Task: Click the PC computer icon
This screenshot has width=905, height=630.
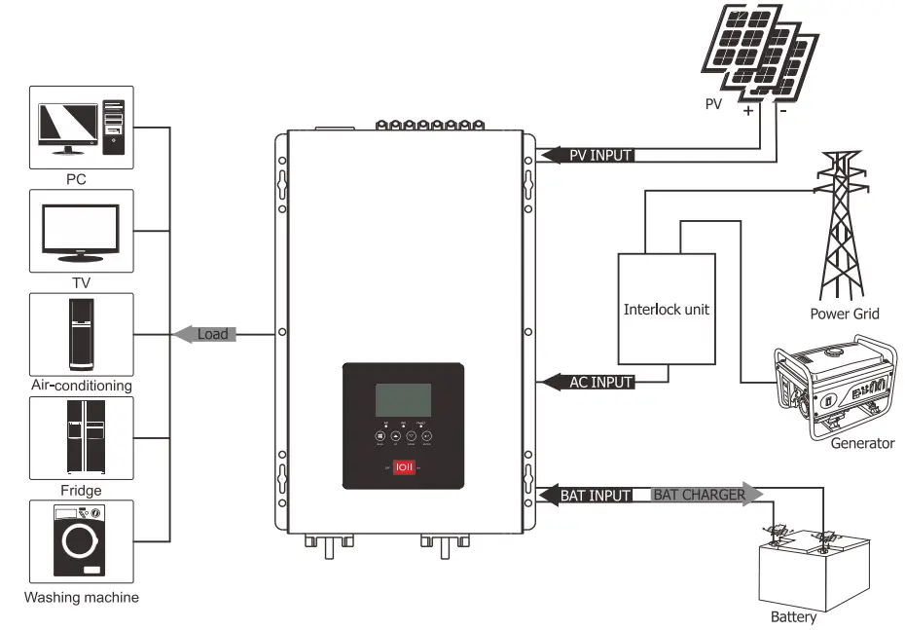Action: pos(82,128)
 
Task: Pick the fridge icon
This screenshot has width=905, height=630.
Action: pos(82,438)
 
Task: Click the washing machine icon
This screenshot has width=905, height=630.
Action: pos(82,542)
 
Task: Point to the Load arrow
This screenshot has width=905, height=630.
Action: pos(207,334)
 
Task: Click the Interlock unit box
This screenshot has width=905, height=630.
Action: pos(666,310)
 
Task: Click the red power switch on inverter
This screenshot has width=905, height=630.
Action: pos(403,467)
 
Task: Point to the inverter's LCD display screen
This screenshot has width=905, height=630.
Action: pos(403,400)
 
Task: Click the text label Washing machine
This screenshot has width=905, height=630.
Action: pos(82,597)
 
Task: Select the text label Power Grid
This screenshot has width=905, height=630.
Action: pos(844,314)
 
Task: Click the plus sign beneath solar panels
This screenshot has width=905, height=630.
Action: pos(748,111)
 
